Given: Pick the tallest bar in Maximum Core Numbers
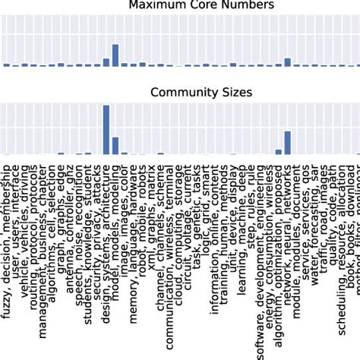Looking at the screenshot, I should (x=115, y=55).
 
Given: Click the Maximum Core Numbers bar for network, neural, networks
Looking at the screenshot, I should (x=287, y=62).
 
